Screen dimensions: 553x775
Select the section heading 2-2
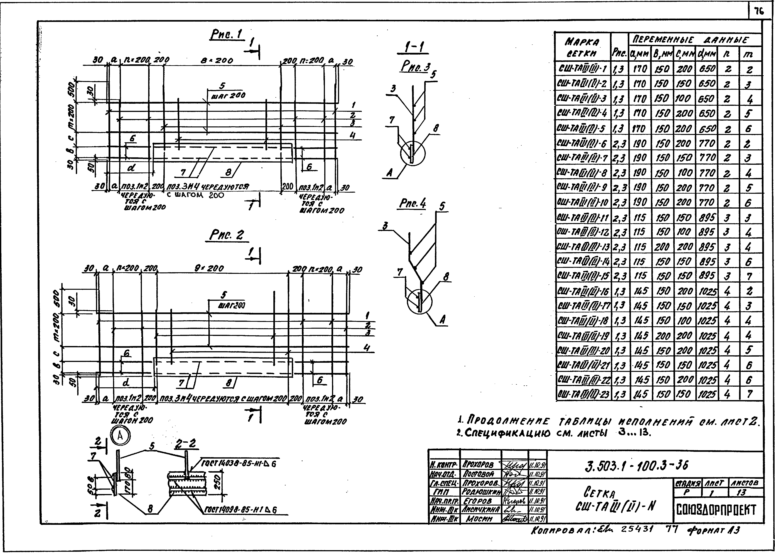pyautogui.click(x=186, y=444)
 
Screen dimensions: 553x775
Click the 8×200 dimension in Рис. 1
pyautogui.click(x=217, y=61)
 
